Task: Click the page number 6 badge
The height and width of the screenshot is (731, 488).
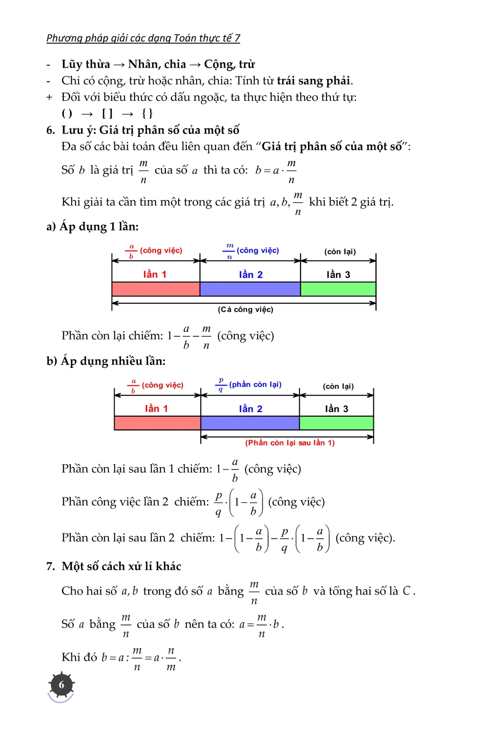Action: (x=61, y=685)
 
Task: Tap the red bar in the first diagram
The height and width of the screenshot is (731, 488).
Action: (x=156, y=289)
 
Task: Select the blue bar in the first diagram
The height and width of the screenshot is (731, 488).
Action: (x=250, y=289)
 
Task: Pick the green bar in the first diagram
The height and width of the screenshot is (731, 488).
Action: (x=338, y=289)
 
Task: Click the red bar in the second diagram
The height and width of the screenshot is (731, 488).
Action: (x=157, y=423)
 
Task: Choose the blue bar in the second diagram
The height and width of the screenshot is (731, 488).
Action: (x=250, y=423)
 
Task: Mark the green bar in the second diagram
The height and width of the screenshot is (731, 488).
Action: (x=336, y=423)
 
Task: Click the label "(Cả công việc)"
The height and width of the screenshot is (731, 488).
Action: (x=245, y=309)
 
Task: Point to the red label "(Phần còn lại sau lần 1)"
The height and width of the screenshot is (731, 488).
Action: (x=290, y=443)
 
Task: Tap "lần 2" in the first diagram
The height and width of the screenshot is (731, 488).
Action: (x=251, y=275)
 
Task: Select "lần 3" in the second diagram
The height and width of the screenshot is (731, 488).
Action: (x=337, y=409)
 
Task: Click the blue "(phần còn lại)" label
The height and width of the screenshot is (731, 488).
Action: (x=255, y=385)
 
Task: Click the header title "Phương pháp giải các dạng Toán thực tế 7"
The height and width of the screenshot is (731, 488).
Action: (x=143, y=38)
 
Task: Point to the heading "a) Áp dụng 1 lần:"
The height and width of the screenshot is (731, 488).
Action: (x=93, y=227)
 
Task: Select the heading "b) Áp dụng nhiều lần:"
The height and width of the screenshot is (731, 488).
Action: (x=106, y=361)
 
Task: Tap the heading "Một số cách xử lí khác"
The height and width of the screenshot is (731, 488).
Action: (x=121, y=566)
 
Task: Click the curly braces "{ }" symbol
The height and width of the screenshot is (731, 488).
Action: (x=147, y=114)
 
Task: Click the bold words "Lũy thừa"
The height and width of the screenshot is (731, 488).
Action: (x=86, y=64)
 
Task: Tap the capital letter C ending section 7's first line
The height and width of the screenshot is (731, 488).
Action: (x=407, y=591)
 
